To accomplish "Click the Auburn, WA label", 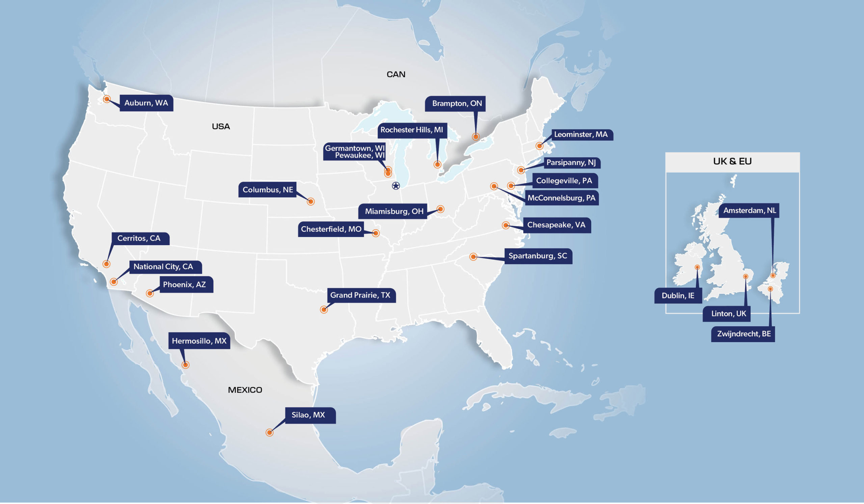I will [x=146, y=103].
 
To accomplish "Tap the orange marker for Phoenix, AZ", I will [x=150, y=293].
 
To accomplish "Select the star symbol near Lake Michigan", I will [x=396, y=186].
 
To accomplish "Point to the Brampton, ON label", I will [x=457, y=104].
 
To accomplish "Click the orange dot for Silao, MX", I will [x=269, y=433].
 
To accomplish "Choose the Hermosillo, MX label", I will [x=199, y=341].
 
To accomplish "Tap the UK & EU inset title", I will [x=732, y=161].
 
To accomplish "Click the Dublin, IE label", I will [x=678, y=295].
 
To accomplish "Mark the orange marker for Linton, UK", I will [x=746, y=276].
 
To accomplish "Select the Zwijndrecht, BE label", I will [x=744, y=334].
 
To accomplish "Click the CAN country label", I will [x=396, y=74].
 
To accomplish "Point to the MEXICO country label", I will [x=245, y=390].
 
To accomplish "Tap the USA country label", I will [x=221, y=127].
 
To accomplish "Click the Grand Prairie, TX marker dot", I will [x=324, y=310].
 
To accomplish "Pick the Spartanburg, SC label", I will [x=538, y=256].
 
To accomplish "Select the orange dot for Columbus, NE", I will [x=310, y=202].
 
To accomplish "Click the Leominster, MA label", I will [x=581, y=134].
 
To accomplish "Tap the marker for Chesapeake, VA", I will [x=506, y=225].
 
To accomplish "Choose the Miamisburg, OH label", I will [x=394, y=211].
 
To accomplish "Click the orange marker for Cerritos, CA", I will [x=106, y=264].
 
